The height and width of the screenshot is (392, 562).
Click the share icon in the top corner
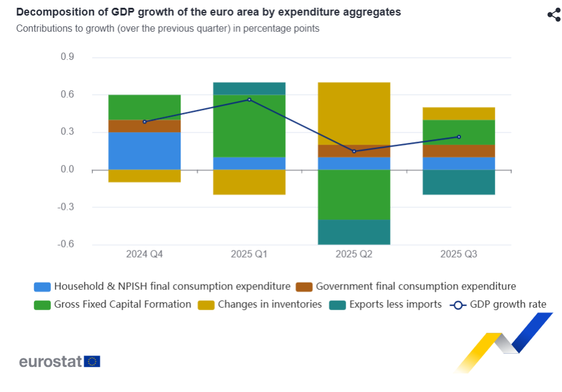coord(553,15)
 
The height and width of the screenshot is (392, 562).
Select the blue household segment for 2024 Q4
coord(145,151)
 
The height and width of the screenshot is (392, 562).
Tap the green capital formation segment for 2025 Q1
coord(249,125)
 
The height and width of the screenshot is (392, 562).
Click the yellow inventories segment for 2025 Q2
coord(354,114)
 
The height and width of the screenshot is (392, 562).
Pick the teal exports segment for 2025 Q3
coord(459,182)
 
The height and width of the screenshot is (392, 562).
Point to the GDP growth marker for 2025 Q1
coord(249,99)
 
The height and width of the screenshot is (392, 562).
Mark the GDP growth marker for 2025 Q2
coord(354,151)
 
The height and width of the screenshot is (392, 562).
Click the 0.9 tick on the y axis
coord(68,57)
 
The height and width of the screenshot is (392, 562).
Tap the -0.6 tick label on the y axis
coord(66,244)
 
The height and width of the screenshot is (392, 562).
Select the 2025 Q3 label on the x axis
coord(459,254)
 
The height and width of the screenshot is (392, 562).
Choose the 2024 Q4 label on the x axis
coord(145,254)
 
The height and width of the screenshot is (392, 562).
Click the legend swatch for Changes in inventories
coord(206,305)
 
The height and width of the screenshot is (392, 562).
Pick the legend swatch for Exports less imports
coord(338,305)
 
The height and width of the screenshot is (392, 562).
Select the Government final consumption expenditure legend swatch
coord(304,287)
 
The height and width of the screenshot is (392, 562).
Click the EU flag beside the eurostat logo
coord(92,362)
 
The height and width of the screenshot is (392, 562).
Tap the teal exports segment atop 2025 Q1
coord(249,88)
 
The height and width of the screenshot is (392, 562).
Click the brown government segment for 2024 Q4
coord(145,126)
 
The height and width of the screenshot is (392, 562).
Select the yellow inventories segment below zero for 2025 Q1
coord(249,182)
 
